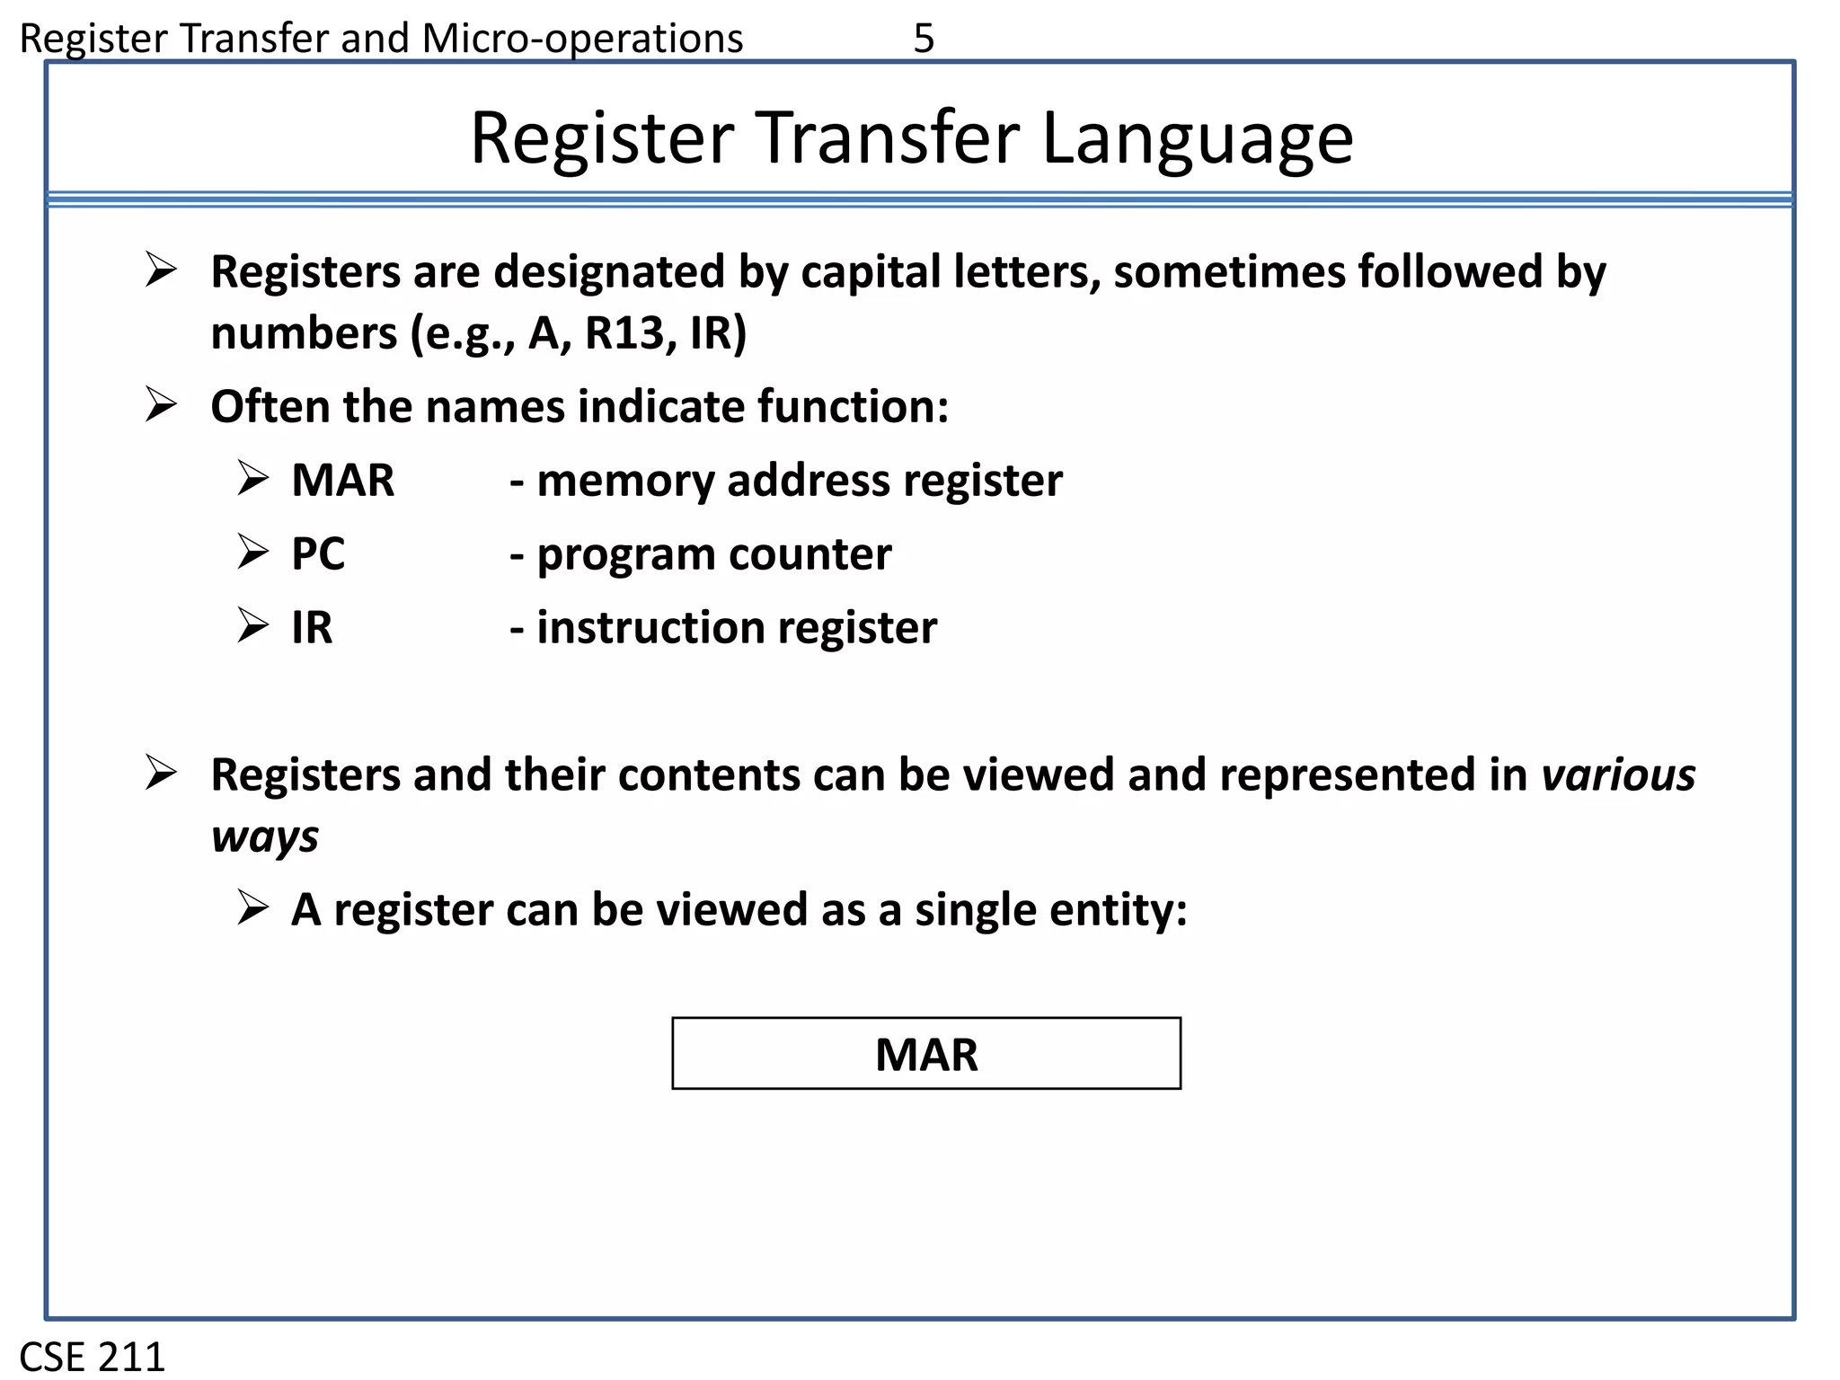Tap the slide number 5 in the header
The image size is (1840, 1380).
coord(924,39)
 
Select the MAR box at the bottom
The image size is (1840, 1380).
coord(926,1054)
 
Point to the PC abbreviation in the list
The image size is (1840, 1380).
coord(318,554)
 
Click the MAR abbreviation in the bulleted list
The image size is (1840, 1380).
coord(342,481)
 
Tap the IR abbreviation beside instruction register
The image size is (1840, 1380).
coord(312,628)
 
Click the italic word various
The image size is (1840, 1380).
coord(1618,775)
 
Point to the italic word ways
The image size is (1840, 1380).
coord(265,837)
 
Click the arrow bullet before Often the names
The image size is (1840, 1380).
coord(161,406)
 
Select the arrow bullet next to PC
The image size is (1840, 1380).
coord(253,553)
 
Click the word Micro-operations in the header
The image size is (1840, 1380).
coord(582,39)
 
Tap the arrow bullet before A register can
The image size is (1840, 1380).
coord(253,908)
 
